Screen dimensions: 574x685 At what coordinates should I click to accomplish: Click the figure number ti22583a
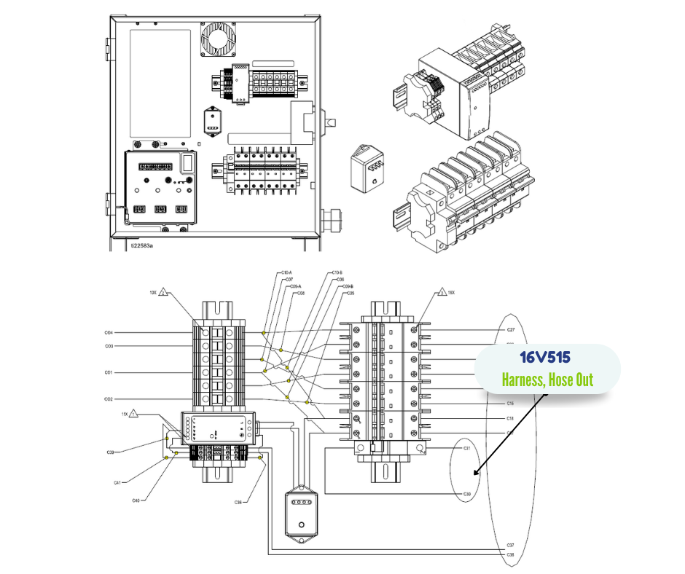click(142, 245)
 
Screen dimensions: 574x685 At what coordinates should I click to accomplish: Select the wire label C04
click(109, 333)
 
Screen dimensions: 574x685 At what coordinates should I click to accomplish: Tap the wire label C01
click(109, 373)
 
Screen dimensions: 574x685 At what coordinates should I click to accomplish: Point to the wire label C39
click(109, 452)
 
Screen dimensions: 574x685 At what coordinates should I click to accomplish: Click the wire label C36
click(238, 502)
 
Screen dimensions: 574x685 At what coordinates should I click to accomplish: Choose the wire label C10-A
click(286, 272)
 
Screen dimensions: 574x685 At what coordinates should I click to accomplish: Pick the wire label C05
click(350, 293)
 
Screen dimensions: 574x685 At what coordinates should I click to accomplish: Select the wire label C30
click(467, 494)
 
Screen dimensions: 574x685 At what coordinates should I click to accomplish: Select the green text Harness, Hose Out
click(547, 380)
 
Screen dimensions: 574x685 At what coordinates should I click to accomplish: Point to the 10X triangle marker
click(165, 293)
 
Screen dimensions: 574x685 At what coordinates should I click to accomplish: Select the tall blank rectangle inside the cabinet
click(160, 84)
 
